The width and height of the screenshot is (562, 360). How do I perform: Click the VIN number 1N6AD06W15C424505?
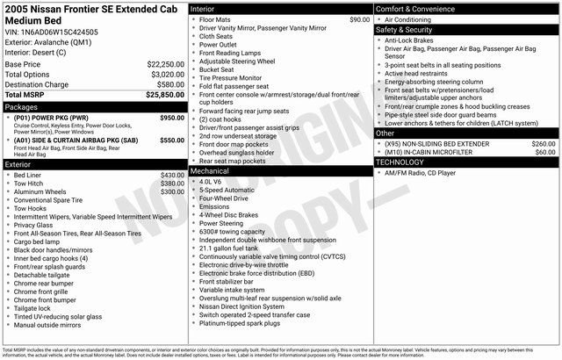tap(61, 31)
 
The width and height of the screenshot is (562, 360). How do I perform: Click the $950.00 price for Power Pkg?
tap(172, 117)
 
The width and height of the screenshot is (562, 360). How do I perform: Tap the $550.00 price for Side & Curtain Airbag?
tap(172, 139)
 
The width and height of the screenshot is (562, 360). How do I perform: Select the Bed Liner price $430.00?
tap(172, 175)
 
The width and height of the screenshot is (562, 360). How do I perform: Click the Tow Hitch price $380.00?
tap(172, 183)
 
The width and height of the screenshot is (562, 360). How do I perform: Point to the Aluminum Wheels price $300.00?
tap(172, 191)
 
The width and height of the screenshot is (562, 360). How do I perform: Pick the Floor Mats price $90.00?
tap(359, 19)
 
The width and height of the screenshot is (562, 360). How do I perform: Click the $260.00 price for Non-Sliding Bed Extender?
tap(544, 143)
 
